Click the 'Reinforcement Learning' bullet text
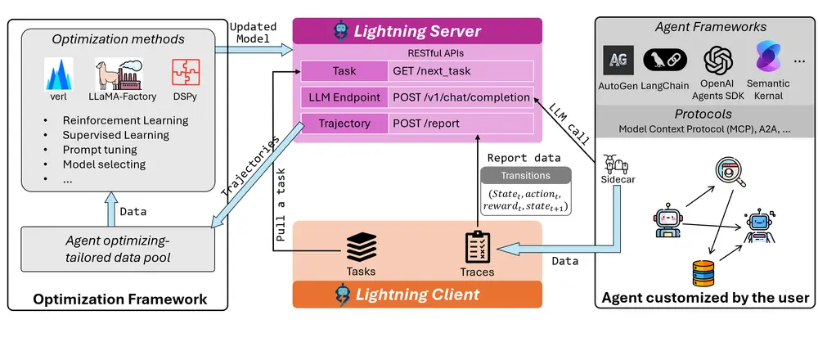click(x=125, y=120)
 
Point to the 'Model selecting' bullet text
click(x=104, y=164)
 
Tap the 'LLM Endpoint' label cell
click(x=344, y=97)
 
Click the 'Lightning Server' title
click(x=417, y=32)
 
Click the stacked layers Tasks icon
click(x=360, y=245)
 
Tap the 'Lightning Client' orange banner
click(x=417, y=293)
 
